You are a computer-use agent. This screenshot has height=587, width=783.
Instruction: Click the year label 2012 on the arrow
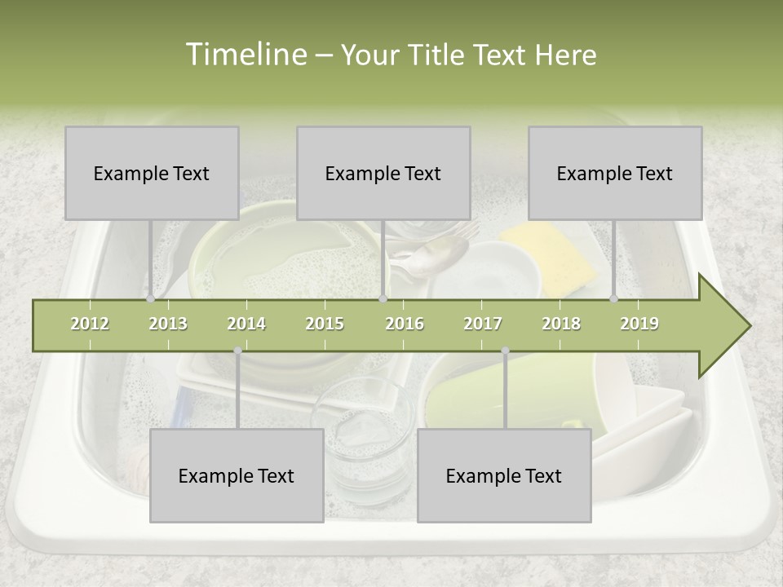point(90,324)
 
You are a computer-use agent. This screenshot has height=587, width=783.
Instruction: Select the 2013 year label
point(168,324)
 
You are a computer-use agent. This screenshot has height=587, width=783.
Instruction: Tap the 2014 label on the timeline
point(246,324)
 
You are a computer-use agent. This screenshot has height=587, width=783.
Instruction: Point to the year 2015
point(325,324)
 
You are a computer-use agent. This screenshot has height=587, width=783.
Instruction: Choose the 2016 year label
point(405,324)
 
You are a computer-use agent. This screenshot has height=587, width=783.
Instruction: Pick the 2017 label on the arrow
point(483,324)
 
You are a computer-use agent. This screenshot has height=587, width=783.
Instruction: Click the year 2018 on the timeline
point(561,324)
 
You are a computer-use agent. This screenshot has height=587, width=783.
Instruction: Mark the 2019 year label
point(639,324)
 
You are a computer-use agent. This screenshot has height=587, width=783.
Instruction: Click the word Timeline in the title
point(245,55)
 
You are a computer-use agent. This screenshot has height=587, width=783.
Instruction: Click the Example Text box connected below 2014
point(237,475)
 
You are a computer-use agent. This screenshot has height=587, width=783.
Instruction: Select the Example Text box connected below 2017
point(504,475)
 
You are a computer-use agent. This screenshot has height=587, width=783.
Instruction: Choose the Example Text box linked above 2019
point(615,173)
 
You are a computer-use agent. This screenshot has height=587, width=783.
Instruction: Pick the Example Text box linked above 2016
point(383,173)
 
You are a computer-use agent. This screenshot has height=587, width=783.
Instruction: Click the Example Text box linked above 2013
point(152,173)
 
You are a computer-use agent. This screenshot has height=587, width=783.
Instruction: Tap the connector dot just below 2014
point(237,351)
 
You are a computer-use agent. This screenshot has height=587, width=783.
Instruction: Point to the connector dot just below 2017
point(505,351)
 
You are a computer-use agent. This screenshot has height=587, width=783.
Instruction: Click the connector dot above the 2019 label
point(614,299)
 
